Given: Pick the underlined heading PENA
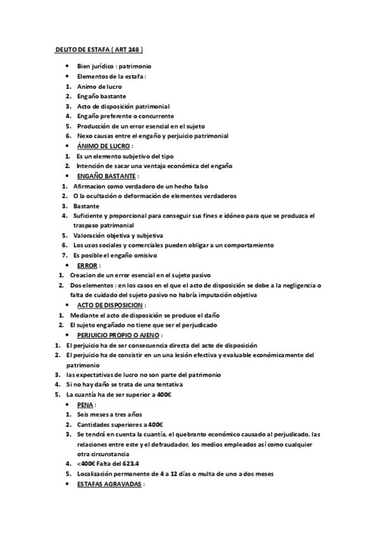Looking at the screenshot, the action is (x=86, y=404).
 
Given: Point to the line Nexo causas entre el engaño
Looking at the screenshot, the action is (x=152, y=136).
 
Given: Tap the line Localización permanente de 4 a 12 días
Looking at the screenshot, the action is (x=167, y=474).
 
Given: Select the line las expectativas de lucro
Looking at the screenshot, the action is (x=143, y=375).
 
